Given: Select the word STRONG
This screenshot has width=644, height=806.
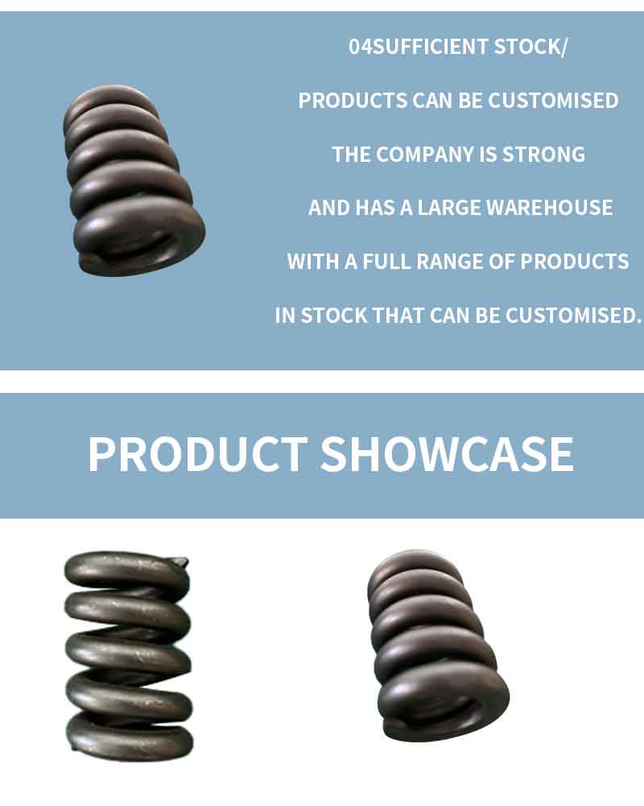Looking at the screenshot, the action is click(x=543, y=155).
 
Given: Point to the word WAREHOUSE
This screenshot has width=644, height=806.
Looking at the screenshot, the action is click(x=550, y=208).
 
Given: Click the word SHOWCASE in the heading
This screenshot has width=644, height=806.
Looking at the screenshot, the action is click(x=447, y=454).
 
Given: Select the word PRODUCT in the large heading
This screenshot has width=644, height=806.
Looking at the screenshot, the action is click(x=198, y=454).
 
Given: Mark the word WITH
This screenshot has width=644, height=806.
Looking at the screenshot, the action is click(x=313, y=262).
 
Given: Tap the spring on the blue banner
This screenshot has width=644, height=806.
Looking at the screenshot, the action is click(x=133, y=180).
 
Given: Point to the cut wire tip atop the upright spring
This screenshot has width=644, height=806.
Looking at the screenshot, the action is click(x=180, y=561).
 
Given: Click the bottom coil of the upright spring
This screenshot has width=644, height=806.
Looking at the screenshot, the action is click(x=130, y=738).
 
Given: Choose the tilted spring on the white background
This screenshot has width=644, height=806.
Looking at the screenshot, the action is click(x=437, y=646).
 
